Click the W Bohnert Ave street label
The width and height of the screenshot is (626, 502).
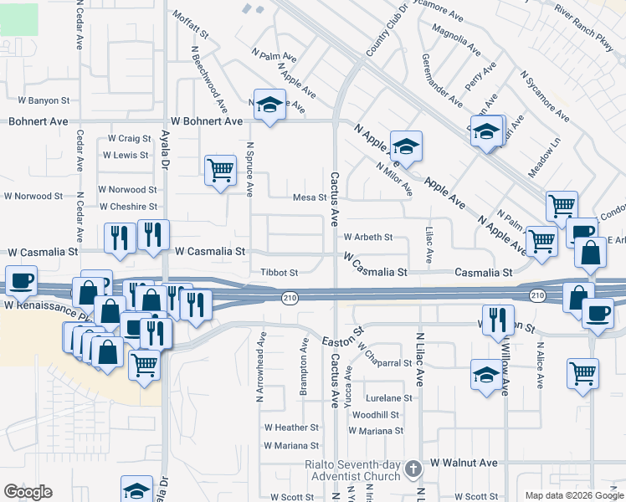tap(207, 122)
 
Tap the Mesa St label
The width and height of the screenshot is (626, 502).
tap(309, 197)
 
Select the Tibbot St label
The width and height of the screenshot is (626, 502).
tap(280, 273)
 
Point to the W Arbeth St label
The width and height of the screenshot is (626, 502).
tap(367, 238)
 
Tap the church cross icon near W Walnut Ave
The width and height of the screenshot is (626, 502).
tap(412, 469)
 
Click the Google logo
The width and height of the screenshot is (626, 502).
tap(28, 492)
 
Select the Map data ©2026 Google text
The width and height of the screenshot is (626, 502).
tap(573, 494)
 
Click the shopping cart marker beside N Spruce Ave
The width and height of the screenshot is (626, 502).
tap(220, 171)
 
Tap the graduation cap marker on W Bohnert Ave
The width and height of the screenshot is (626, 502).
tap(269, 105)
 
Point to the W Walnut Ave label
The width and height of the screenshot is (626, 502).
tap(464, 463)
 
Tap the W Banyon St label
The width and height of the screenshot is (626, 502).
tap(43, 100)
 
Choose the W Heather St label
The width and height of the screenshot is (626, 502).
tap(291, 428)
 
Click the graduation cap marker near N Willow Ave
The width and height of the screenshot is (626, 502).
tap(486, 374)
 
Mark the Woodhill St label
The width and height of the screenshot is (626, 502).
tap(376, 415)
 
